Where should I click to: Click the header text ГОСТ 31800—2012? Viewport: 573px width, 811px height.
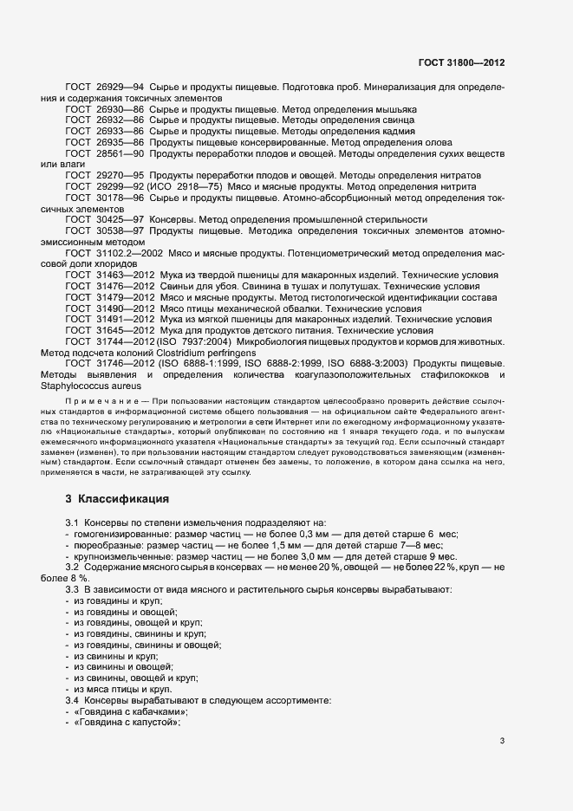462,62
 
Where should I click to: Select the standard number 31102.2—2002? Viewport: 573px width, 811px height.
127,253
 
